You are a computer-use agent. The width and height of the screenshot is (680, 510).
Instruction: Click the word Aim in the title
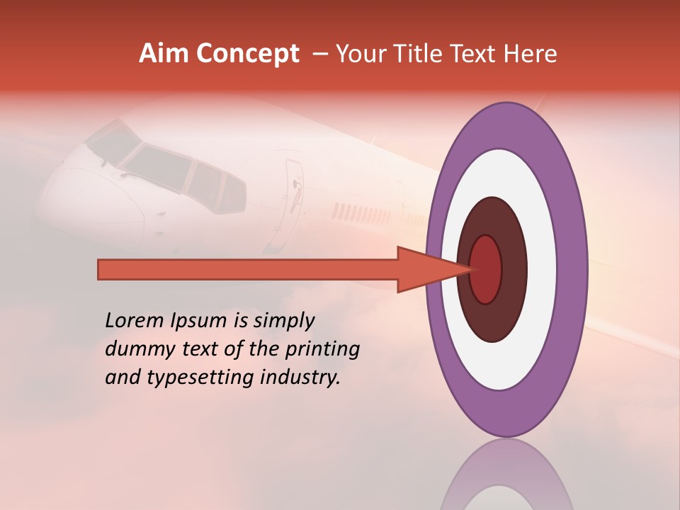(165, 54)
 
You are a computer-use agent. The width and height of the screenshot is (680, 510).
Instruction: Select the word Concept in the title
(247, 55)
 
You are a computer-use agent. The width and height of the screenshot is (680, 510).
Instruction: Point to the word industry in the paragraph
(300, 377)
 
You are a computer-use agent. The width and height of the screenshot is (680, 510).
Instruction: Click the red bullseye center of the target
(485, 269)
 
